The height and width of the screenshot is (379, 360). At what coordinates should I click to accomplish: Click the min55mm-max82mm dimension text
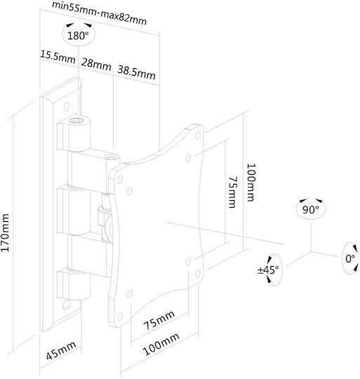pos(100,13)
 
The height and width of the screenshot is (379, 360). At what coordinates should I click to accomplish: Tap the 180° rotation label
pos(78,36)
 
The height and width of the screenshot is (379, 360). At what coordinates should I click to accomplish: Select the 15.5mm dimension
pos(58,57)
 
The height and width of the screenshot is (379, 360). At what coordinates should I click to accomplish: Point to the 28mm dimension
pos(96,64)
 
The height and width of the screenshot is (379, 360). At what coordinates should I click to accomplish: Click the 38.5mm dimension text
pos(136,72)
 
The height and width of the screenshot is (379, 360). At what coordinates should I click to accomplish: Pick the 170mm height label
pos(5,232)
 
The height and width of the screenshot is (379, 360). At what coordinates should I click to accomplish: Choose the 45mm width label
pos(61,350)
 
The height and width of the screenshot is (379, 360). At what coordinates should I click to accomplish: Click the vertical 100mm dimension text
pos(251,182)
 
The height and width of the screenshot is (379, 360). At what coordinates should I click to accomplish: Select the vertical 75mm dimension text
pos(233,192)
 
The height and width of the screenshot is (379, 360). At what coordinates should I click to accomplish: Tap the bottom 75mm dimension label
pos(159,320)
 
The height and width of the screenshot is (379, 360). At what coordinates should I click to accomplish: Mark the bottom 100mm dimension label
pos(161,344)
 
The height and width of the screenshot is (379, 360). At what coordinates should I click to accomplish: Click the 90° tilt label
pos(310,210)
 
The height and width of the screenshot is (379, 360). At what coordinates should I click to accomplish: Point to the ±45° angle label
pos(268,270)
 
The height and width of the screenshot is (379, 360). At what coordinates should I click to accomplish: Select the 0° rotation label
pos(350,258)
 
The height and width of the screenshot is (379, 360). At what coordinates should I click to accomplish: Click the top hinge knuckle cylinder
pos(79,134)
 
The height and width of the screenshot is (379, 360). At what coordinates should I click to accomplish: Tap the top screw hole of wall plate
pos(66,107)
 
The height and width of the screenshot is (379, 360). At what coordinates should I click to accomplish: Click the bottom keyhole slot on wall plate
pos(66,305)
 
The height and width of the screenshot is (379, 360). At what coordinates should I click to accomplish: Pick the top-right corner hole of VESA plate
pos(198,135)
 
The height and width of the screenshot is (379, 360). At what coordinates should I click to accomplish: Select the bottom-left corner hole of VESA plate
pos(119,317)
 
